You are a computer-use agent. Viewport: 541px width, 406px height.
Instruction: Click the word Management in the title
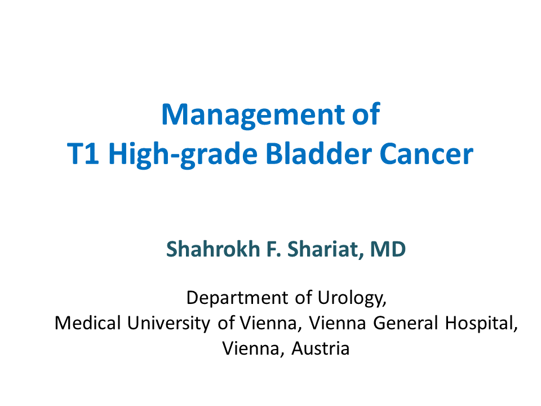tap(253, 116)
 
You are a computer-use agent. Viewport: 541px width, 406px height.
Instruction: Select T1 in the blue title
tap(83, 153)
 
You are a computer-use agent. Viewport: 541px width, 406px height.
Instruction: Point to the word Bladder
tap(319, 153)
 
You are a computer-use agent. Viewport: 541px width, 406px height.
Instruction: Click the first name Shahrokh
tap(213, 249)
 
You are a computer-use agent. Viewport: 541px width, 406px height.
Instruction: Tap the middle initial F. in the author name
tap(274, 249)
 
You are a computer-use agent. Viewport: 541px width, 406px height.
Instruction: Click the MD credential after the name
tap(388, 249)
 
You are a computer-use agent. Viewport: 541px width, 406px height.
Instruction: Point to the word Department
tap(237, 298)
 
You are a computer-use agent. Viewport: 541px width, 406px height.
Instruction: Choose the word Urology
tap(352, 298)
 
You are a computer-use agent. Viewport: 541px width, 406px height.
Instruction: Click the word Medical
tap(88, 323)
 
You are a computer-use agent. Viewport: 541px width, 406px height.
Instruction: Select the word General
tap(405, 323)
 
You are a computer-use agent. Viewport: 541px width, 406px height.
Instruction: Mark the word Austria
tap(321, 348)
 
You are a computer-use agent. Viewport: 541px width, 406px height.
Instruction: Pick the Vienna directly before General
tap(338, 323)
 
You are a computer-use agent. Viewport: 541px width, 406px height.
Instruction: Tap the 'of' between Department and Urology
tap(304, 297)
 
